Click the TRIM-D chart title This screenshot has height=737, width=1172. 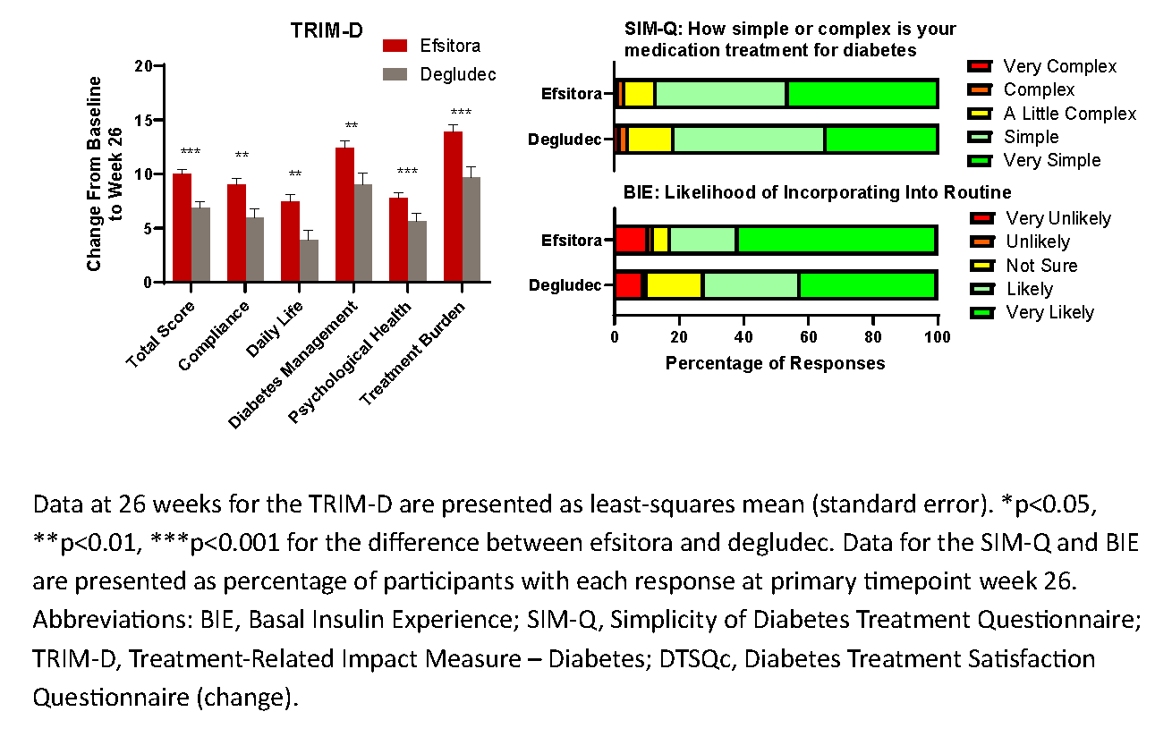(x=327, y=30)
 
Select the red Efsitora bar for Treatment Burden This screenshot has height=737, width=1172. (x=453, y=207)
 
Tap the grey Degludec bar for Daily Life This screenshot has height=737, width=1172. (x=308, y=260)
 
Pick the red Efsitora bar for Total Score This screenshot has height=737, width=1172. (x=182, y=228)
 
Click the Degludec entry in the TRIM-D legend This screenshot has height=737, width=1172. (x=457, y=74)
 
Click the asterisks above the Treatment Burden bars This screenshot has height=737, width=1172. (x=461, y=113)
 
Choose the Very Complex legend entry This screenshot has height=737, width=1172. (x=1059, y=66)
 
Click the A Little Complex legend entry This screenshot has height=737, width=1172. (x=1069, y=114)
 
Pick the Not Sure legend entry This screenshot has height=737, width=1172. (x=1041, y=266)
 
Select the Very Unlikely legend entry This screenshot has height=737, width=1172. (x=1058, y=218)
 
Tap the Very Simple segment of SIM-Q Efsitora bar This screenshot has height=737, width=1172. (x=862, y=94)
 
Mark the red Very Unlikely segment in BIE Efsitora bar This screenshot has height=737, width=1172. (x=631, y=240)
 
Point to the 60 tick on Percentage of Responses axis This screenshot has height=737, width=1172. (x=808, y=338)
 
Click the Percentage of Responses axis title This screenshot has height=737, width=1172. (x=775, y=363)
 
